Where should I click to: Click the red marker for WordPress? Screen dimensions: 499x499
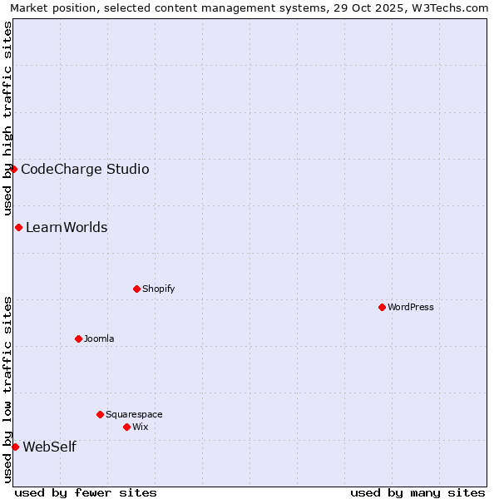(382, 307)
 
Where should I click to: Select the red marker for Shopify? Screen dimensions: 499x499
(136, 289)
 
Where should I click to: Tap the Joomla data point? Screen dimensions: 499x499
(78, 338)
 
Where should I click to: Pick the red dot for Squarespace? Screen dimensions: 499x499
(100, 414)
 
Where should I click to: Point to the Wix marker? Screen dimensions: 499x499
(126, 427)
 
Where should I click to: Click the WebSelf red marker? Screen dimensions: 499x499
(15, 447)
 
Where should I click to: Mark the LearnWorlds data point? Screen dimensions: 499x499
(18, 227)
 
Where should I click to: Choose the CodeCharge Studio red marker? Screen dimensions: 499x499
(13, 169)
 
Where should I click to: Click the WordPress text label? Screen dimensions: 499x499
(411, 307)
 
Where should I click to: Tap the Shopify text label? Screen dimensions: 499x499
(158, 289)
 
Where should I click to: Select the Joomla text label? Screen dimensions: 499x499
(99, 338)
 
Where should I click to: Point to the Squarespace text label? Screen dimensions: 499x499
(134, 414)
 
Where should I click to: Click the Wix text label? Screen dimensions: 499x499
(141, 427)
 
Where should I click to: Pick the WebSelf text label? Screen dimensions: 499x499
(49, 447)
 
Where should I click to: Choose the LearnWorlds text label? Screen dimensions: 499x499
(67, 227)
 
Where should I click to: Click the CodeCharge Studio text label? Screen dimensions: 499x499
(85, 169)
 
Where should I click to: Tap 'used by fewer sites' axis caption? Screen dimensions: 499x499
(86, 492)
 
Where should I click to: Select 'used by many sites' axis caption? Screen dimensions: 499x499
(417, 492)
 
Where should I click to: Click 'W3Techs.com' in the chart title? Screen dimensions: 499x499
(452, 7)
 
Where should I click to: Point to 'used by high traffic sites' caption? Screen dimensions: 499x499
(7, 119)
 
